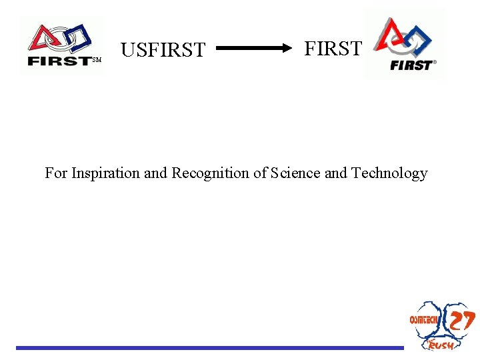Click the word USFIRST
pyautogui.click(x=163, y=50)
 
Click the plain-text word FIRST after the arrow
pyautogui.click(x=333, y=49)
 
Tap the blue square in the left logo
pyautogui.click(x=79, y=36)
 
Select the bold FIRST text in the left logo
pyautogui.click(x=59, y=61)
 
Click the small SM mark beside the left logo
pyautogui.click(x=96, y=61)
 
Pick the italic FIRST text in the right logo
pyautogui.click(x=411, y=65)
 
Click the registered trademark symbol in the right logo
pyautogui.click(x=435, y=62)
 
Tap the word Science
pyautogui.click(x=294, y=173)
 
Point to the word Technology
pyautogui.click(x=389, y=173)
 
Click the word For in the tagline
pyautogui.click(x=56, y=173)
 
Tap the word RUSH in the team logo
pyautogui.click(x=441, y=344)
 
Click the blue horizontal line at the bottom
pyautogui.click(x=210, y=347)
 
